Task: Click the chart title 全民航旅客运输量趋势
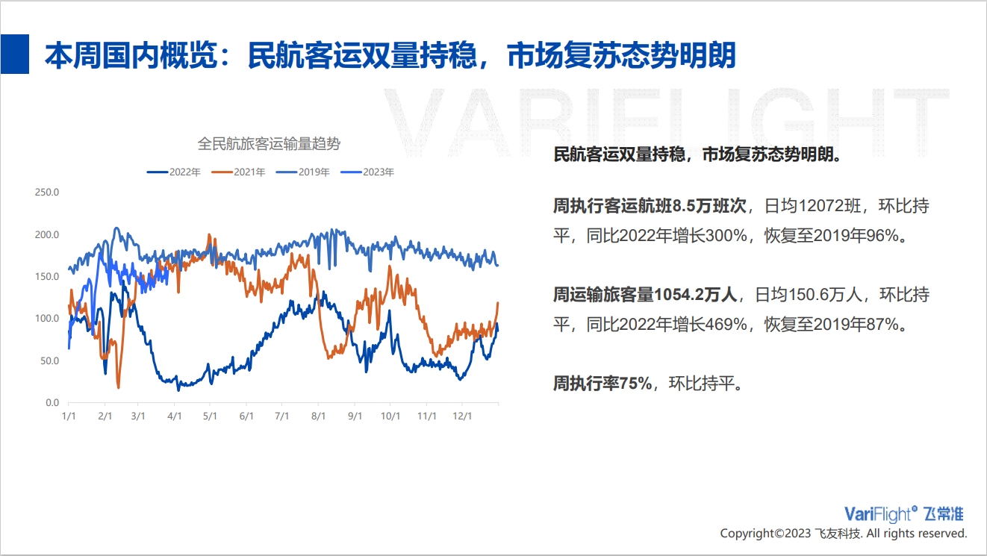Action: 269,143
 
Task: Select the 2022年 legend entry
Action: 174,172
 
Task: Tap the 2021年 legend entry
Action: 238,172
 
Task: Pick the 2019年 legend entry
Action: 302,172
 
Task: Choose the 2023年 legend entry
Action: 367,172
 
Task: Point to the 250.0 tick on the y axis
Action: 47,192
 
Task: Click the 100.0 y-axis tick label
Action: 47,319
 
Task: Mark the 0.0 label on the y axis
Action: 52,403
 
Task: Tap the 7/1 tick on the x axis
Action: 281,416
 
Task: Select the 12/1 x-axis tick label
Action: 462,416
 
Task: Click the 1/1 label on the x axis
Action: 69,416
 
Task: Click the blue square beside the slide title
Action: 14,54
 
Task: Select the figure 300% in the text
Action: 726,236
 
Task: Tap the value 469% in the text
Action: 726,325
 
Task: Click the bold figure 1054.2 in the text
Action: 679,295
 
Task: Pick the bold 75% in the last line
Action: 635,384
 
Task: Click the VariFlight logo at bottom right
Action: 903,514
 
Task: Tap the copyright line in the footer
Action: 844,534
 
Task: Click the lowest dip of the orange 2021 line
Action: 118,387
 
